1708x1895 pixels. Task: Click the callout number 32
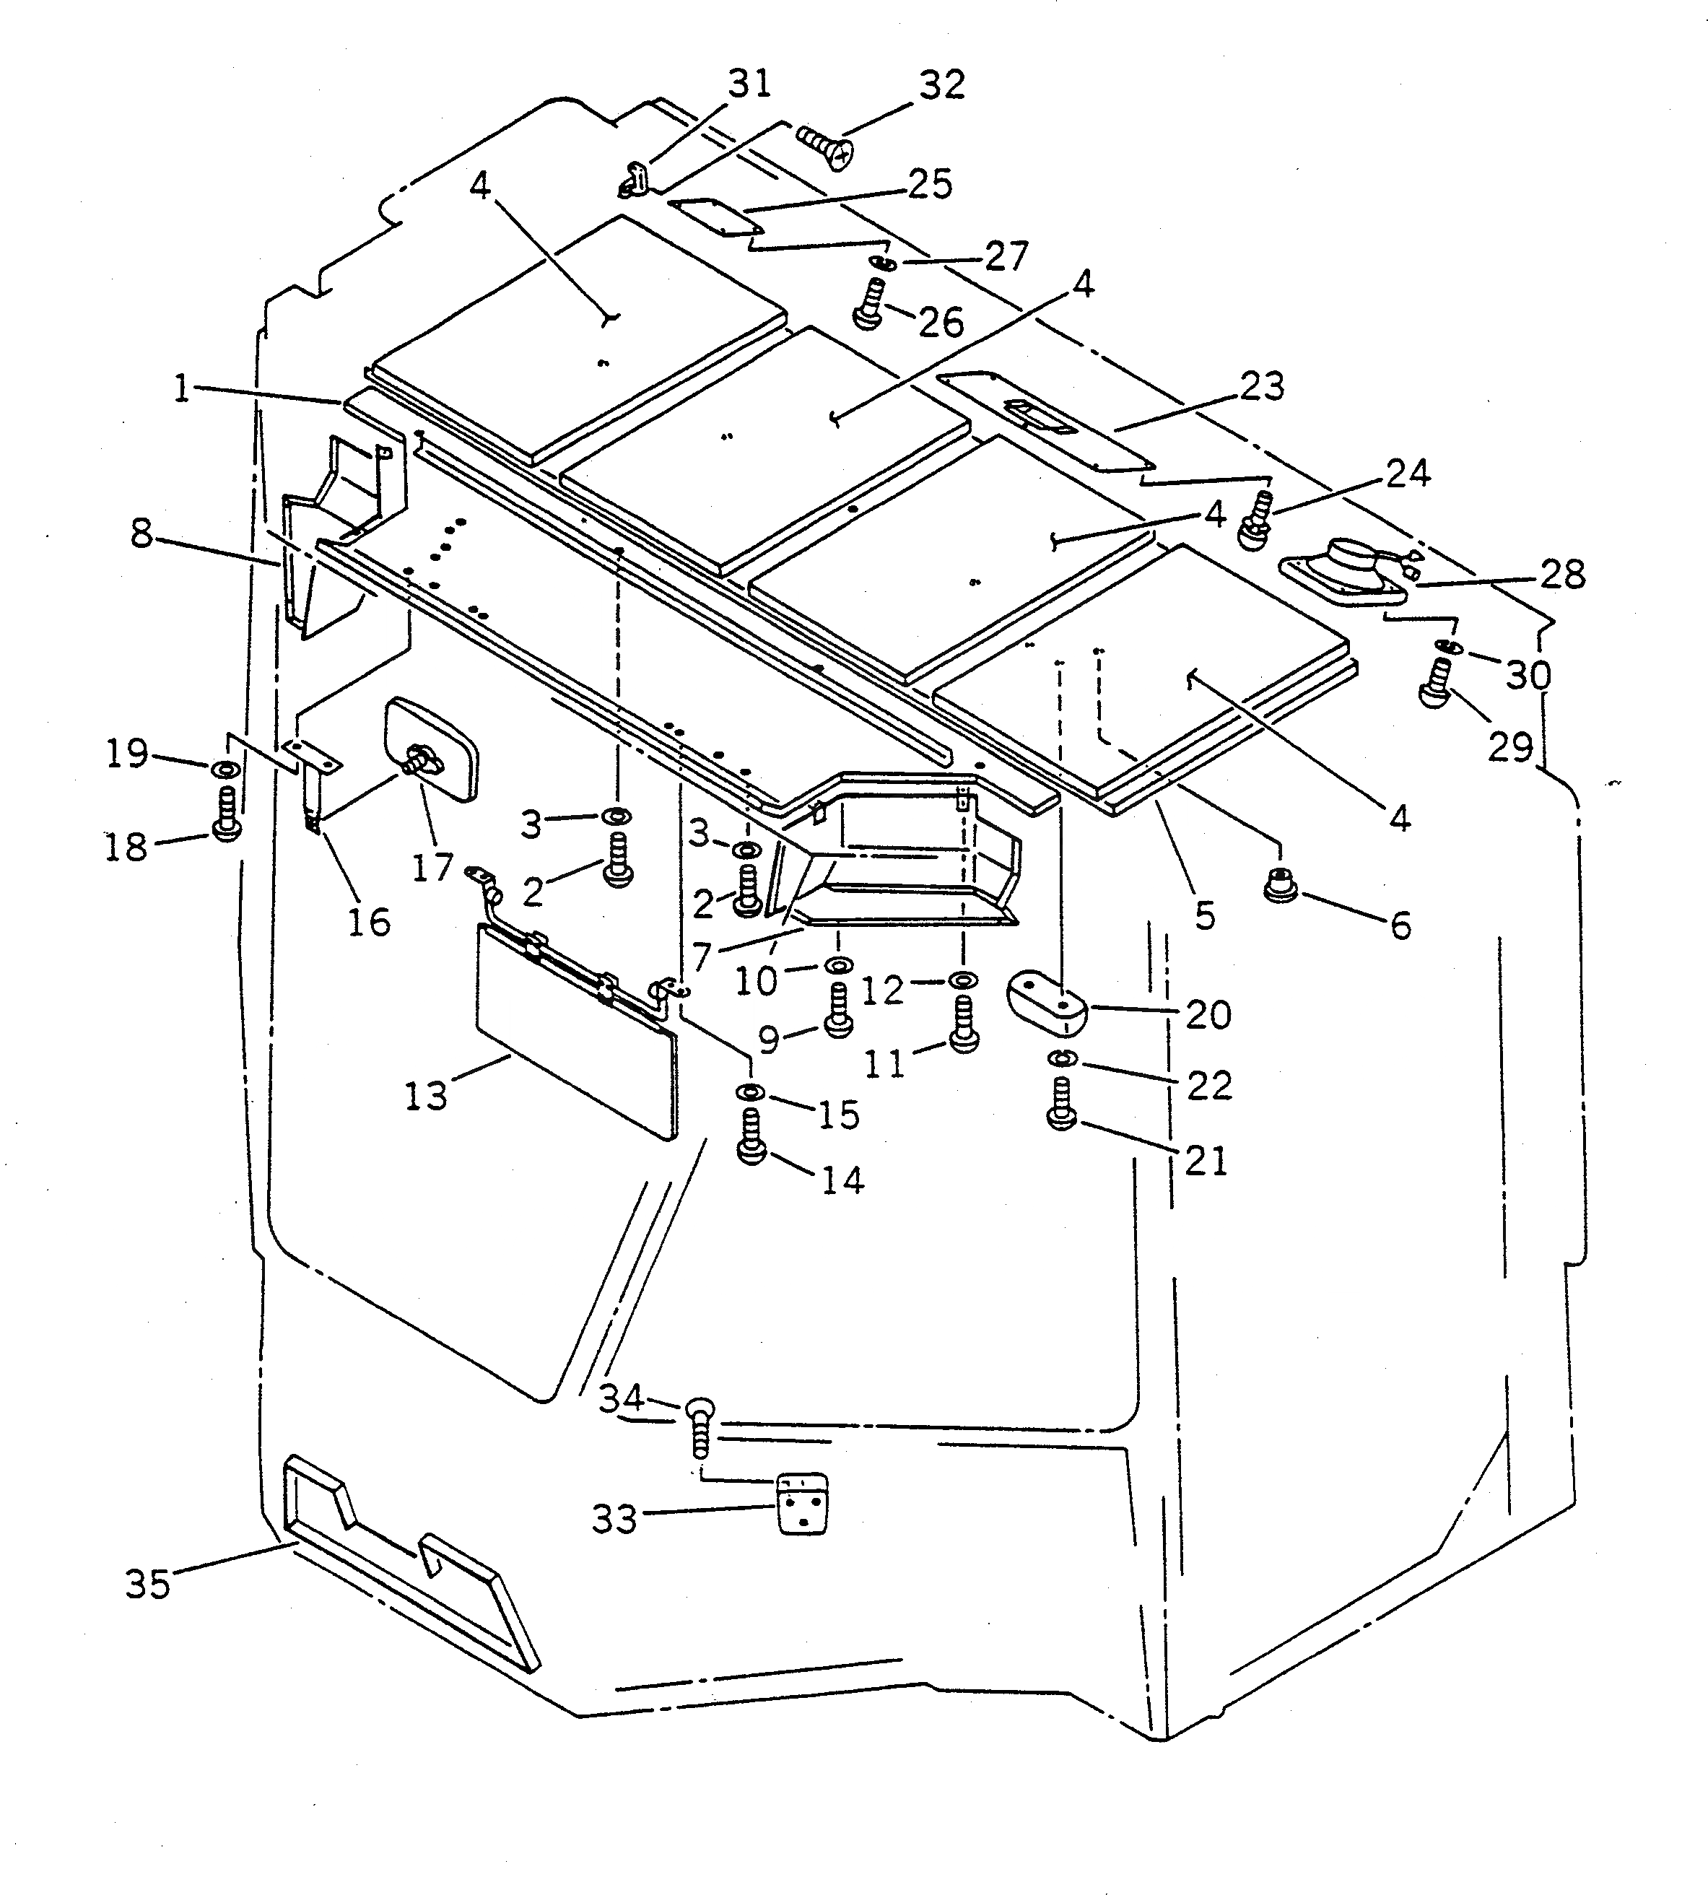942,85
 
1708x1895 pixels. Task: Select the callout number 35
148,1585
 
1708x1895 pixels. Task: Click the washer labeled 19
225,770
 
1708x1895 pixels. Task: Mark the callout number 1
182,388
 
